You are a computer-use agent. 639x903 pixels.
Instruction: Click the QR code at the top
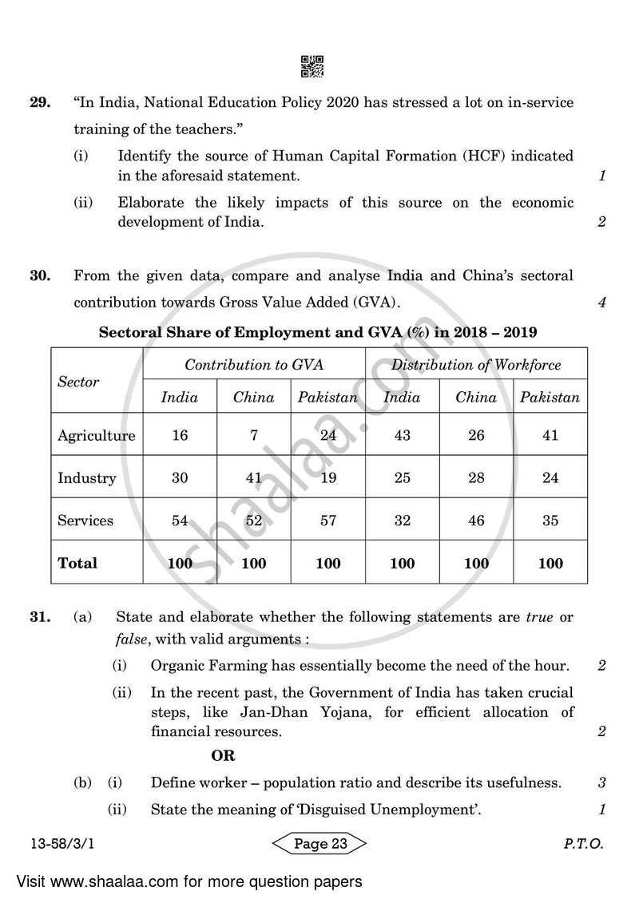[x=312, y=66]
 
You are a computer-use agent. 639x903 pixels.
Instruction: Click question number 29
[x=41, y=103]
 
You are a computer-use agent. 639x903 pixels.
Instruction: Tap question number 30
[x=41, y=276]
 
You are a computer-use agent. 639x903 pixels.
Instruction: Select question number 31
[x=41, y=617]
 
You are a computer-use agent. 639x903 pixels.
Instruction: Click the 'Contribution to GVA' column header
[x=254, y=365]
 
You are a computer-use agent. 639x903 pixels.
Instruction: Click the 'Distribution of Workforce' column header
[x=476, y=365]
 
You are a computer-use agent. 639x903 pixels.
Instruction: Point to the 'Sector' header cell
[x=78, y=382]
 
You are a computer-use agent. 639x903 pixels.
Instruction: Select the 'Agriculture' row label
[x=96, y=436]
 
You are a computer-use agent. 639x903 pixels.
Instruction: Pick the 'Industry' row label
[x=86, y=478]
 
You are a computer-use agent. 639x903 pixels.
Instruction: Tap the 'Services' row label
[x=85, y=521]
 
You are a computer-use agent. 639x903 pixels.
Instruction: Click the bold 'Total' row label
[x=77, y=563]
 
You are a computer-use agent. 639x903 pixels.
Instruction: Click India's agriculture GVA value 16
[x=180, y=436]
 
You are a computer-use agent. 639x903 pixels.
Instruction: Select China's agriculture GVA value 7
[x=253, y=436]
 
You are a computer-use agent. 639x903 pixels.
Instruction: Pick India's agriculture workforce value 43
[x=402, y=436]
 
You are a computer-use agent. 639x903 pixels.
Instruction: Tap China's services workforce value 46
[x=476, y=521]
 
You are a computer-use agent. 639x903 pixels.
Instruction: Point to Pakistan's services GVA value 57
[x=328, y=521]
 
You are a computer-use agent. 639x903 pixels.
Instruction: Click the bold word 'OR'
[x=223, y=755]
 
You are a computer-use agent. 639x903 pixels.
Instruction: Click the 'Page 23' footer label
[x=319, y=844]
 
